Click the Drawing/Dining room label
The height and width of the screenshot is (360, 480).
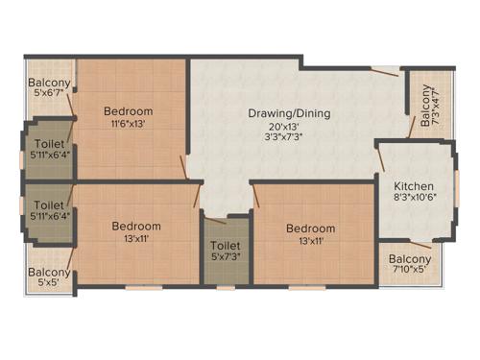[x=289, y=113]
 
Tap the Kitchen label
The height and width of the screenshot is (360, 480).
[x=414, y=186]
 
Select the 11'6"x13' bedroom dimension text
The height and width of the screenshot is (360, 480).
[x=129, y=124]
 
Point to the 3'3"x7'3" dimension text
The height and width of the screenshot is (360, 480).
[x=289, y=138]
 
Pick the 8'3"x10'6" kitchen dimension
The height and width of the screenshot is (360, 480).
[x=414, y=199]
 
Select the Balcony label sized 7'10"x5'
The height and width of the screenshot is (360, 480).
[x=411, y=259]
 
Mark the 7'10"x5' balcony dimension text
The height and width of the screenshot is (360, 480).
[x=411, y=271]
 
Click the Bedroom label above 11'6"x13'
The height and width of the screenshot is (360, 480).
[x=129, y=111]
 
